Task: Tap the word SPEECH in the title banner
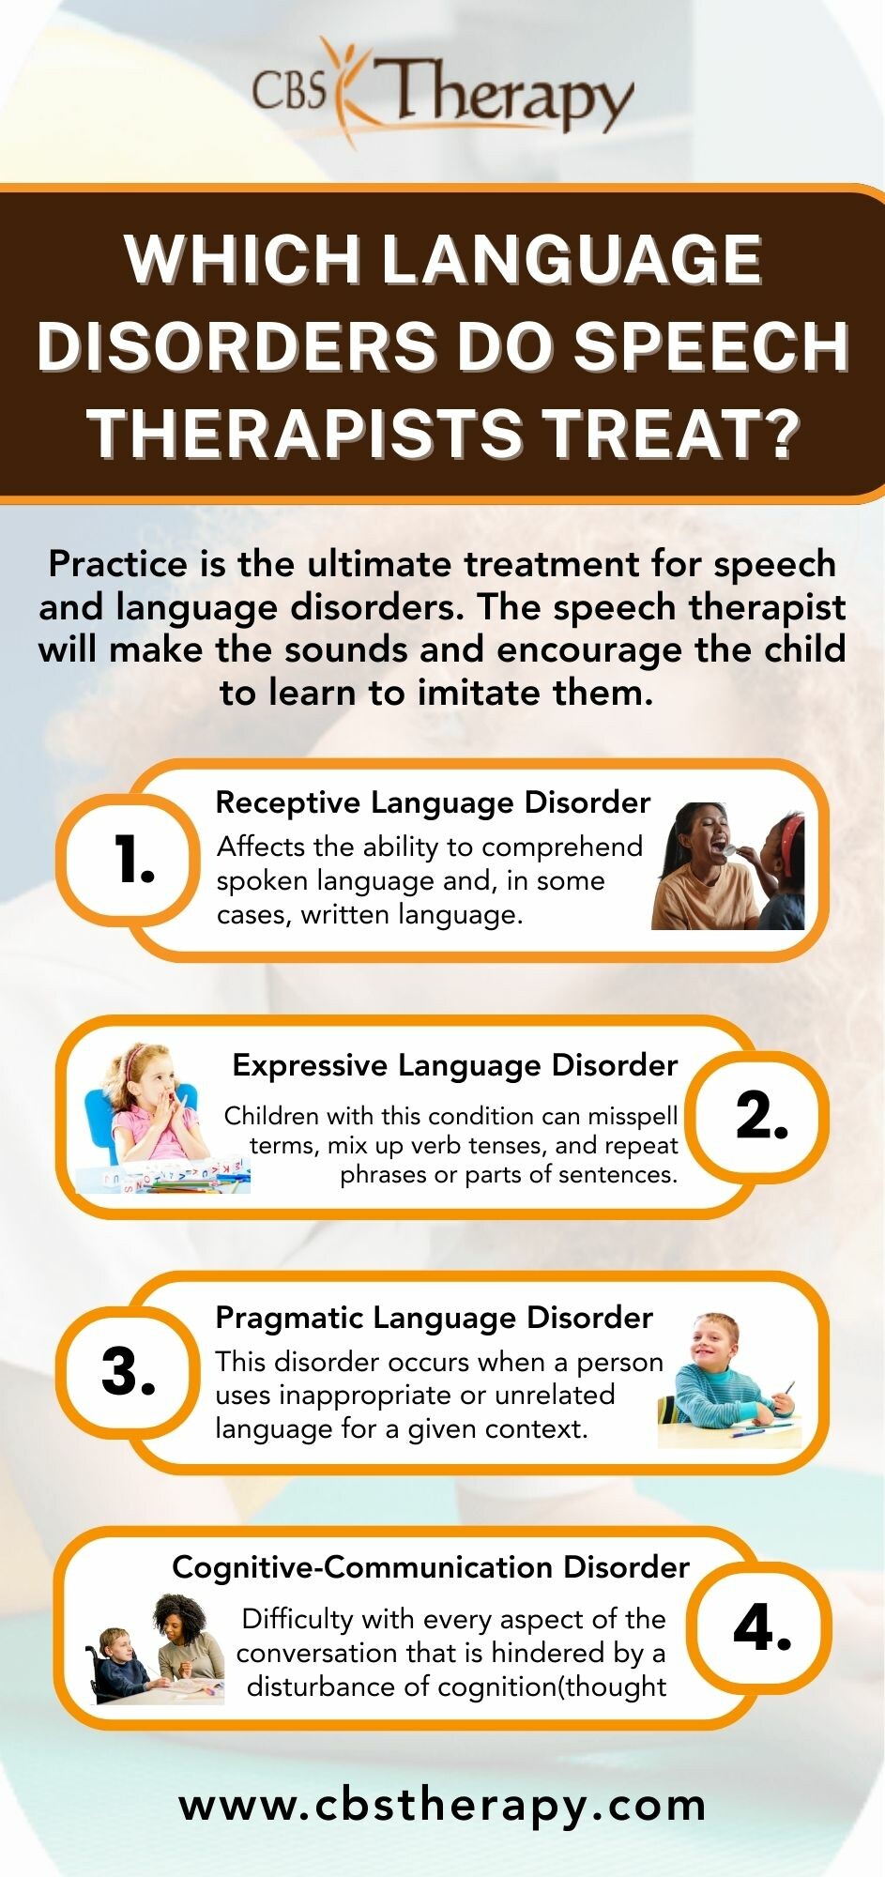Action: (711, 346)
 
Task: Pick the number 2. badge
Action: (760, 1116)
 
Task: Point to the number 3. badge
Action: (129, 1372)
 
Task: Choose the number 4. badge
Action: (762, 1628)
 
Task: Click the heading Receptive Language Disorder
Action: (433, 802)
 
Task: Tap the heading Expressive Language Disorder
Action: (455, 1065)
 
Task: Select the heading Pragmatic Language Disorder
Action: (435, 1318)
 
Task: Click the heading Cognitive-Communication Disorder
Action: (431, 1566)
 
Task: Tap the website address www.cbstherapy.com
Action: (443, 1806)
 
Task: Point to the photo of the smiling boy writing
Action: (730, 1380)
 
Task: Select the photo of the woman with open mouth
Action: (728, 865)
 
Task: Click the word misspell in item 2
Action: (633, 1116)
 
